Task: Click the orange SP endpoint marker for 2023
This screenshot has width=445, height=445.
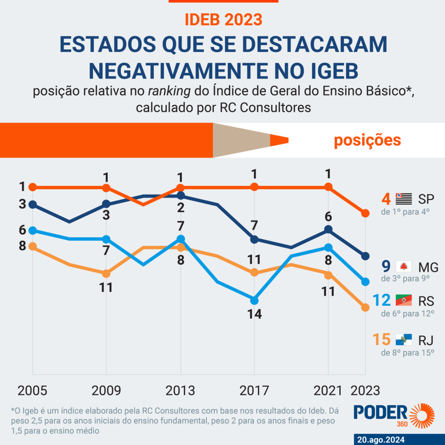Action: click(365, 213)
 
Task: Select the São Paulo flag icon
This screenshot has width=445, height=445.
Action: click(404, 199)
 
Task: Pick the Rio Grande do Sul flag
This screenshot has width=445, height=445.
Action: click(404, 300)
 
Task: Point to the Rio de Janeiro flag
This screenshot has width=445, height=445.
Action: click(404, 339)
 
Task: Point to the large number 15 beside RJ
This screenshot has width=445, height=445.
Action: click(383, 339)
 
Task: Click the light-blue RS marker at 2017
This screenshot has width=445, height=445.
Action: click(254, 300)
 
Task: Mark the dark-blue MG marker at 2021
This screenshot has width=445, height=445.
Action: click(329, 229)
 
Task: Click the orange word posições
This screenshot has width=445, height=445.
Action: click(367, 140)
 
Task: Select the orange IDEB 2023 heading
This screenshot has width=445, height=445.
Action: click(223, 19)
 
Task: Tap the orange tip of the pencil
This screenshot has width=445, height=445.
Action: click(279, 140)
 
